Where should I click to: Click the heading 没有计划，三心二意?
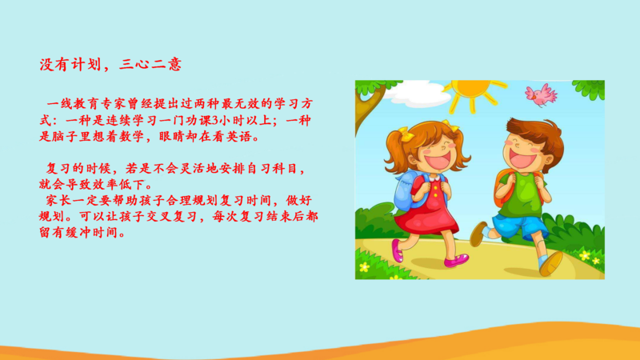pyautogui.click(x=110, y=64)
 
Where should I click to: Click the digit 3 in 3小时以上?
pyautogui.click(x=216, y=121)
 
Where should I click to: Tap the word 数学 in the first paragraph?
pyautogui.click(x=132, y=137)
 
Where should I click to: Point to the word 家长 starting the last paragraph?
pyautogui.click(x=58, y=201)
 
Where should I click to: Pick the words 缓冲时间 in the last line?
pyautogui.click(x=92, y=233)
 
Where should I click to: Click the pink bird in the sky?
pyautogui.click(x=541, y=95)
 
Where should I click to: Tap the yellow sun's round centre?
pyautogui.click(x=472, y=87)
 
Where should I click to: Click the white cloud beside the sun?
pyautogui.click(x=415, y=94)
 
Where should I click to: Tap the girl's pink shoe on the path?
pyautogui.click(x=456, y=261)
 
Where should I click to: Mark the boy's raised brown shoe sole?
pyautogui.click(x=552, y=264)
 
